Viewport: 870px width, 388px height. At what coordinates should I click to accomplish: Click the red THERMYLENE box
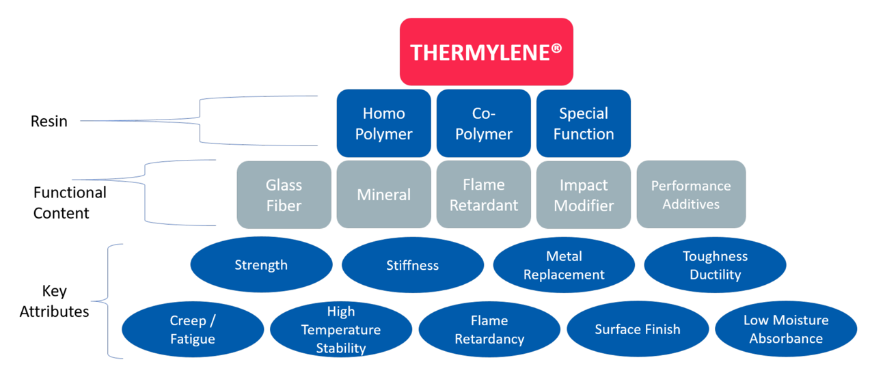point(487,52)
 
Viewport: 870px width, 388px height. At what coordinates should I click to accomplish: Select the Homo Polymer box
point(383,124)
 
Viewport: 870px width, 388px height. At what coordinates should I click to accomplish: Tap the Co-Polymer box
point(484,124)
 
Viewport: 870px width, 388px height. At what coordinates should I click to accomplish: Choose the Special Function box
point(584,124)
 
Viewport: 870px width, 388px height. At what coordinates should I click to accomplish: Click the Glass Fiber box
point(284,195)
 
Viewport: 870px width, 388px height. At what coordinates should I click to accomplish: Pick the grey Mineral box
point(383,195)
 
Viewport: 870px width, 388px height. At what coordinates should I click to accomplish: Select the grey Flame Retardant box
point(484,195)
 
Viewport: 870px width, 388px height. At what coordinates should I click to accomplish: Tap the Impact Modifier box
point(584,195)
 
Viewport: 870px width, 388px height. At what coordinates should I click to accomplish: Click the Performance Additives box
point(691,195)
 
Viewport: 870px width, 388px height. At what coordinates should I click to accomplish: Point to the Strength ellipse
point(261,264)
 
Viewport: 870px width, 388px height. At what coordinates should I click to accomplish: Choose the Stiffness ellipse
point(413,265)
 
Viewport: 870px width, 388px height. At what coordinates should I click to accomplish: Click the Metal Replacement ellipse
point(564,265)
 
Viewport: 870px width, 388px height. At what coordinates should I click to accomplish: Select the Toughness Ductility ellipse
point(715,265)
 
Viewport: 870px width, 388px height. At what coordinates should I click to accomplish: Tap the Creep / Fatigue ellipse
point(193,329)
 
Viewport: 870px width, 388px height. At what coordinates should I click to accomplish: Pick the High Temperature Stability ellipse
point(341,329)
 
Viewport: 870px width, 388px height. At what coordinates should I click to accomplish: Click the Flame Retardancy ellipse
point(489,329)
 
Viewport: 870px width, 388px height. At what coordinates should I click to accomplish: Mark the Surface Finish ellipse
point(638,329)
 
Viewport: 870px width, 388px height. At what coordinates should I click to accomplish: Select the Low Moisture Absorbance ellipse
point(786,329)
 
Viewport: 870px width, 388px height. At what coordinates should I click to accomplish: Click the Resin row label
point(49,121)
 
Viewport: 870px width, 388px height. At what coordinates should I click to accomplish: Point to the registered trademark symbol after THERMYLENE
point(556,48)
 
